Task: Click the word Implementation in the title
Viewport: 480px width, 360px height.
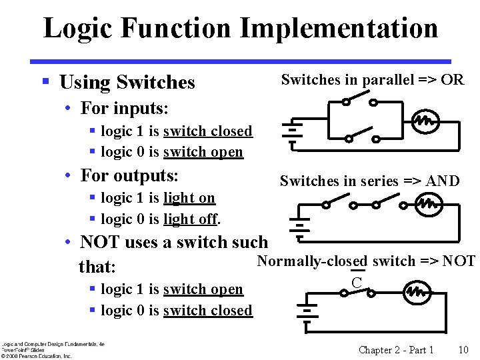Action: click(339, 29)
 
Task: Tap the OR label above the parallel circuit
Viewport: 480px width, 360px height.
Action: click(452, 80)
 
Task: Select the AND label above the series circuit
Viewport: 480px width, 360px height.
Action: click(443, 181)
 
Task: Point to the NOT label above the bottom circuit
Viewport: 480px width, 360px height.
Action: click(459, 261)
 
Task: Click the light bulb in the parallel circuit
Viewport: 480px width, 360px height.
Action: click(425, 121)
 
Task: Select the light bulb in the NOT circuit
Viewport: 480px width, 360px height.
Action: click(417, 291)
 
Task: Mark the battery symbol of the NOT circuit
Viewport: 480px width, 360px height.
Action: click(307, 311)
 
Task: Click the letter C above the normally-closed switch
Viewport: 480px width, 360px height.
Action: click(357, 282)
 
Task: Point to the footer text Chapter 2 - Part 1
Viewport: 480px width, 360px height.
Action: click(396, 350)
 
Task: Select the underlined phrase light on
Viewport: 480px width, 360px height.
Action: click(189, 198)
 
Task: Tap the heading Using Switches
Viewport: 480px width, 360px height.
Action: click(127, 83)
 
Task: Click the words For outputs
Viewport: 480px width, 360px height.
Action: click(129, 176)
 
